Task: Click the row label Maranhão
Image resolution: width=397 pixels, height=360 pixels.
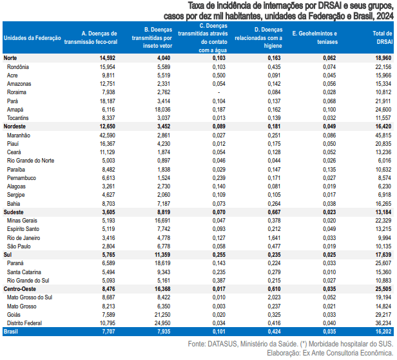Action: pyautogui.click(x=19, y=136)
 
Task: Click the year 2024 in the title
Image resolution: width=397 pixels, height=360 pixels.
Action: pyautogui.click(x=385, y=14)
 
